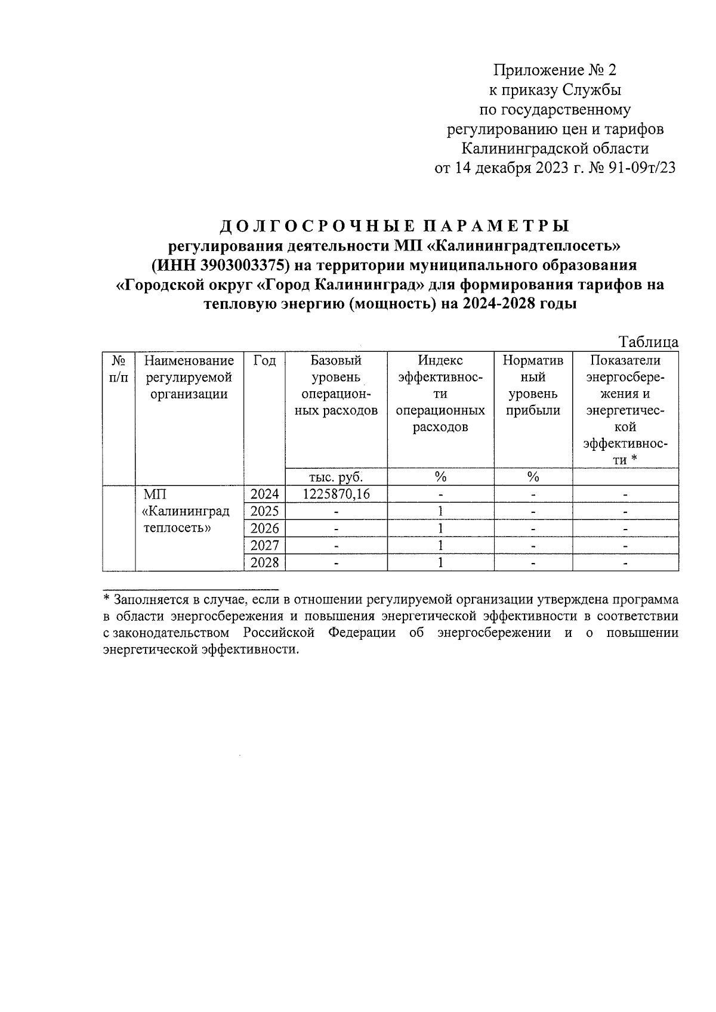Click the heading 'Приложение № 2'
tap(555, 70)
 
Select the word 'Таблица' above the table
tap(649, 342)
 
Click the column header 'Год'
tap(264, 361)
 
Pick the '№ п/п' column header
tap(119, 369)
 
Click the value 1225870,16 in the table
tap(336, 494)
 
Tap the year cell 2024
tap(264, 494)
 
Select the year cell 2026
tap(264, 528)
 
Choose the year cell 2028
tap(264, 563)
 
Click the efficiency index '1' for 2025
tap(440, 512)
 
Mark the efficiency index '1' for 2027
tap(440, 546)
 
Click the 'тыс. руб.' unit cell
tap(336, 476)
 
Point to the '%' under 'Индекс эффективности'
tap(440, 476)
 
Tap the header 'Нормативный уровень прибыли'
tap(533, 385)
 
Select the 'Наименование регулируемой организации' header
tap(189, 377)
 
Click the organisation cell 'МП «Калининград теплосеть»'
tap(186, 512)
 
